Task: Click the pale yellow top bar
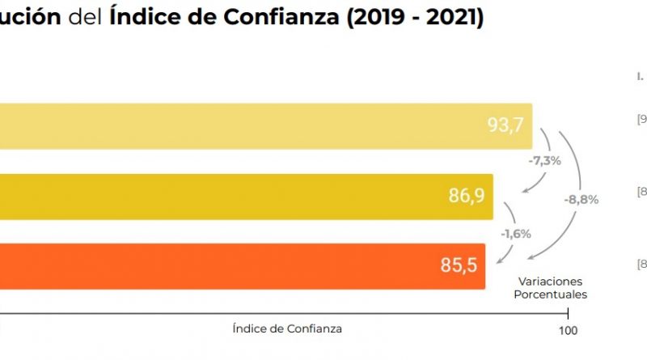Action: point(243,126)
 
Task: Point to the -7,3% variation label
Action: point(544,161)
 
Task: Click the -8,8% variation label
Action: point(581,199)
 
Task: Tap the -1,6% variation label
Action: point(515,234)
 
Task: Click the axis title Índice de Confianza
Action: point(286,329)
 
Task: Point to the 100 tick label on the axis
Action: point(569,330)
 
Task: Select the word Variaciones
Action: point(551,282)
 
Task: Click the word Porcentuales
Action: point(551,294)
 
